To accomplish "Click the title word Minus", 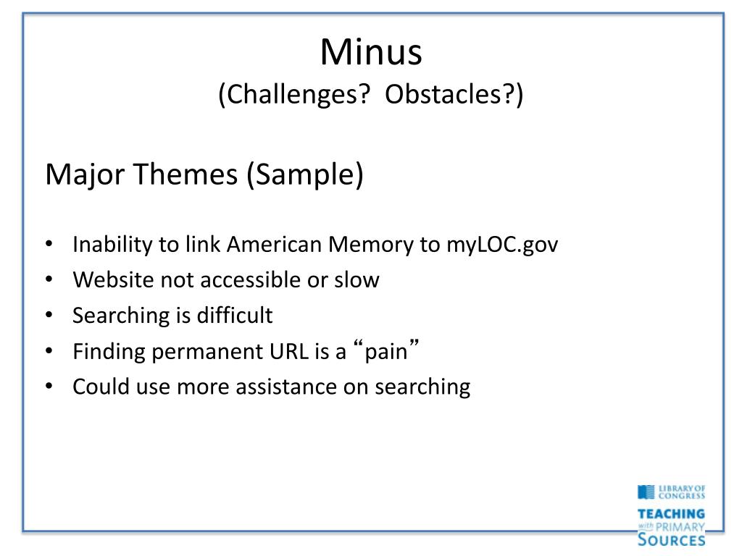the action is [x=371, y=51].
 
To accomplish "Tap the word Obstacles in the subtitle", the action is [x=443, y=93].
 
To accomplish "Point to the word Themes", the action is [x=185, y=174].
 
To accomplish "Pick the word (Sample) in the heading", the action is [x=305, y=175].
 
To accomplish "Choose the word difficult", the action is [x=235, y=315].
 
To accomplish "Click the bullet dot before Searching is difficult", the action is [x=49, y=315].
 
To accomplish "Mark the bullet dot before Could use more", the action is [x=49, y=387].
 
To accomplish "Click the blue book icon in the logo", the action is [x=646, y=492].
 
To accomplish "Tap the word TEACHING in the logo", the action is [x=671, y=514].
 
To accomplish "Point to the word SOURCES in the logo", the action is [x=671, y=539].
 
